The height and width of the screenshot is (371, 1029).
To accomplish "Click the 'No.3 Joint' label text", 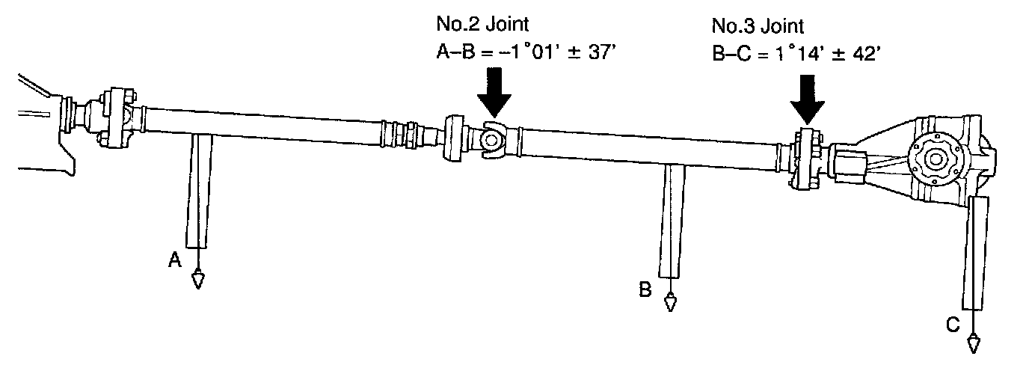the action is pyautogui.click(x=757, y=28).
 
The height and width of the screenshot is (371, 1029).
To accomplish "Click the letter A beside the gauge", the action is pyautogui.click(x=174, y=259).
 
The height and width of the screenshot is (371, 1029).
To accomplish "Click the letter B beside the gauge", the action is pyautogui.click(x=645, y=288).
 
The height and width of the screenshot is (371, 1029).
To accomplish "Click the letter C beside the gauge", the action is pyautogui.click(x=953, y=325).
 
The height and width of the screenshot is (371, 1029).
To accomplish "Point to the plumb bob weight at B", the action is pyautogui.click(x=670, y=302).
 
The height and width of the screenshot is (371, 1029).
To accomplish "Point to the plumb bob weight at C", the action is pyautogui.click(x=974, y=343).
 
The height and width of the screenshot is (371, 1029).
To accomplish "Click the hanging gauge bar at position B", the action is pyautogui.click(x=672, y=221).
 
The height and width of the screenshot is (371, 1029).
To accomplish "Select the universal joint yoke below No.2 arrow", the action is pyautogui.click(x=490, y=141).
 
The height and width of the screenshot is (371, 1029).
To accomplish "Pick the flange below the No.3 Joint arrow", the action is pyautogui.click(x=807, y=160).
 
